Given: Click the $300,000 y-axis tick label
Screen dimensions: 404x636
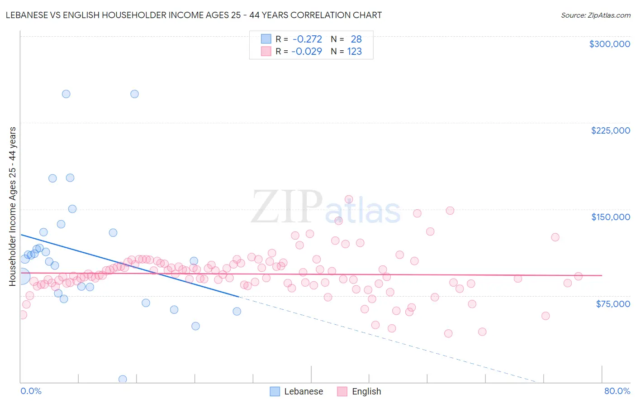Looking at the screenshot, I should coord(609,44).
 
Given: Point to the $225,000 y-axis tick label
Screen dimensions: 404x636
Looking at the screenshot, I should coord(610,130).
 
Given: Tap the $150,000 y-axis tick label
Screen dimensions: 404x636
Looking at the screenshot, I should coord(610,217).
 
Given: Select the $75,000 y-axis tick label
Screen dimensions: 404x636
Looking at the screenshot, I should coord(612,304).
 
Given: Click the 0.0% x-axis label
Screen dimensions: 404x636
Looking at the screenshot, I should coord(31,391).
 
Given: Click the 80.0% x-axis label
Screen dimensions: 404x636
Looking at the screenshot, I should coord(617,391).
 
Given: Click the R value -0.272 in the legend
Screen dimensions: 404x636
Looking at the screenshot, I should coord(307,39).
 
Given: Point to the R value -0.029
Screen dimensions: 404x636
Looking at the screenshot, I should coord(306,51).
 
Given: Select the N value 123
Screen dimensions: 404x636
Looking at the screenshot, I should coord(354,51).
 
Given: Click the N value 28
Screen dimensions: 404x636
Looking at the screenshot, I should coord(356,39).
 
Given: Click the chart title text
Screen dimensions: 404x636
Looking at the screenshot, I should coord(194,15).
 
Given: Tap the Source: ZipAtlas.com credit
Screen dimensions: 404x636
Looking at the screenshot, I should coord(595,15).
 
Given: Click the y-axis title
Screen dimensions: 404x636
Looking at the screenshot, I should coord(12,207).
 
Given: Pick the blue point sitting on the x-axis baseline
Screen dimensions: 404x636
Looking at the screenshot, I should coord(123,379).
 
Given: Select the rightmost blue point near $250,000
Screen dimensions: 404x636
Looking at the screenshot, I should coord(134,94).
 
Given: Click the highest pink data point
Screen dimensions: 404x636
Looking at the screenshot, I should coord(349,199).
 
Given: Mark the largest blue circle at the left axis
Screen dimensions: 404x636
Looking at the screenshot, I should coord(21,276).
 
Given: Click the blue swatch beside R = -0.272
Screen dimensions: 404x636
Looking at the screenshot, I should coord(266,39).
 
